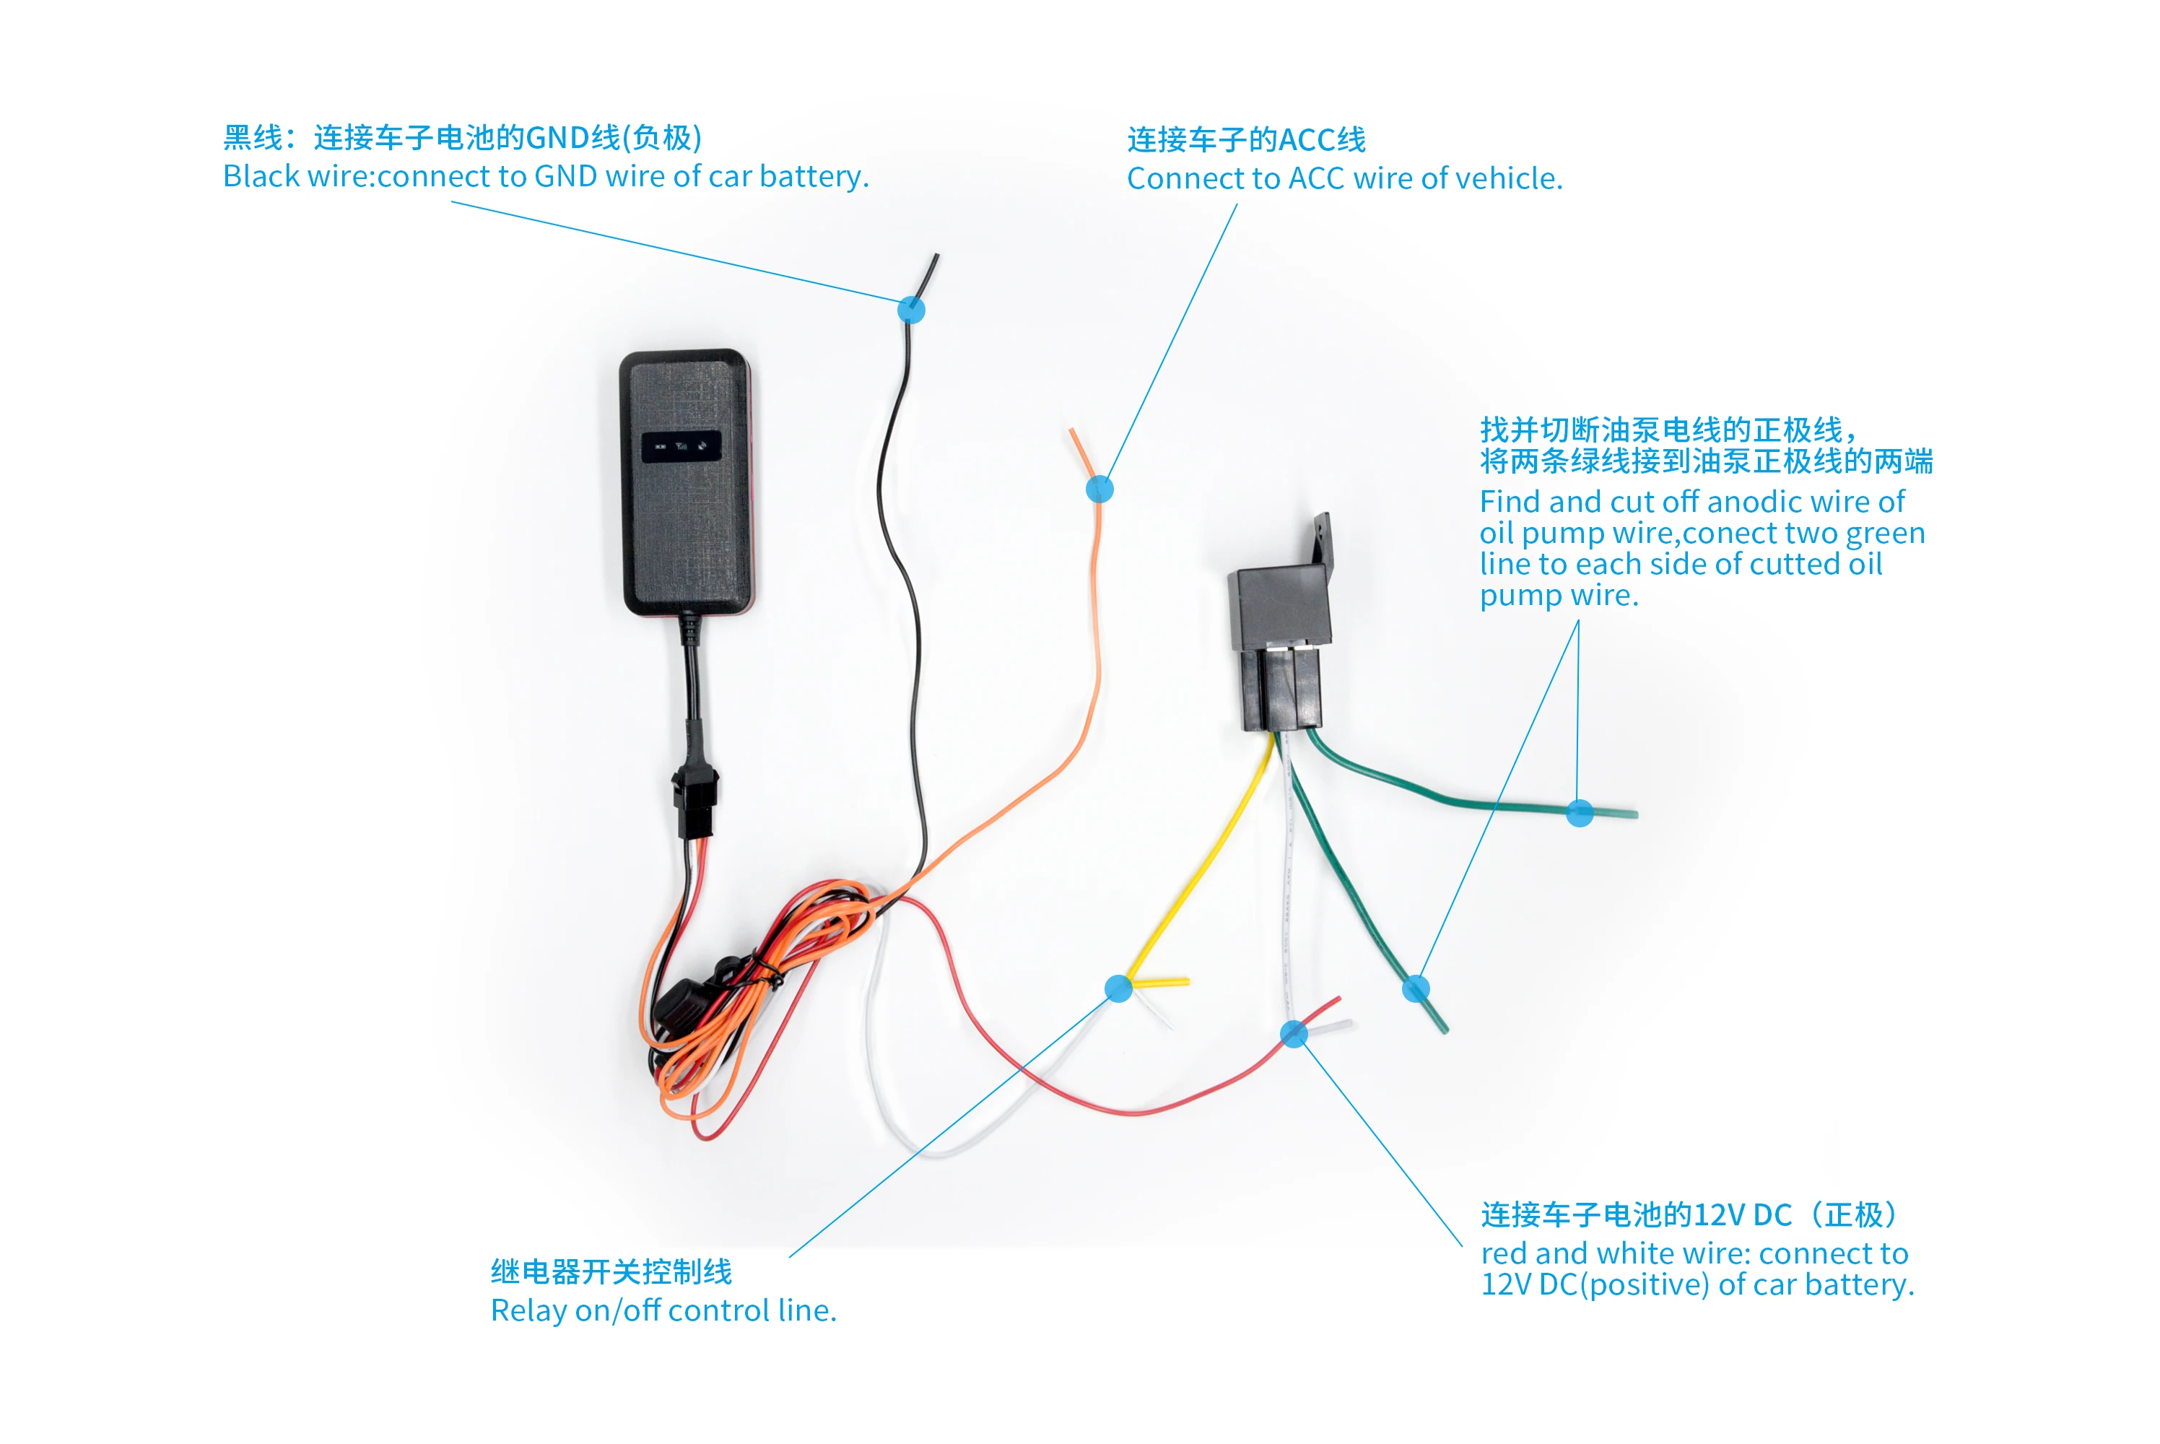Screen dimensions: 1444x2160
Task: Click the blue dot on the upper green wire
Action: click(1580, 813)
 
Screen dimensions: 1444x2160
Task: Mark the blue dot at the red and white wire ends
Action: click(1294, 1034)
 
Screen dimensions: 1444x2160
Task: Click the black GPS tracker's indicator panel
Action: click(681, 447)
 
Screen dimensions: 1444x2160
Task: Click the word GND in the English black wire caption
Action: click(565, 176)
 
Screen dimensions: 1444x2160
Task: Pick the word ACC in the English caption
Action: click(1317, 178)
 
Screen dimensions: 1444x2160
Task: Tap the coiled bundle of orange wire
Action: click(736, 995)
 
